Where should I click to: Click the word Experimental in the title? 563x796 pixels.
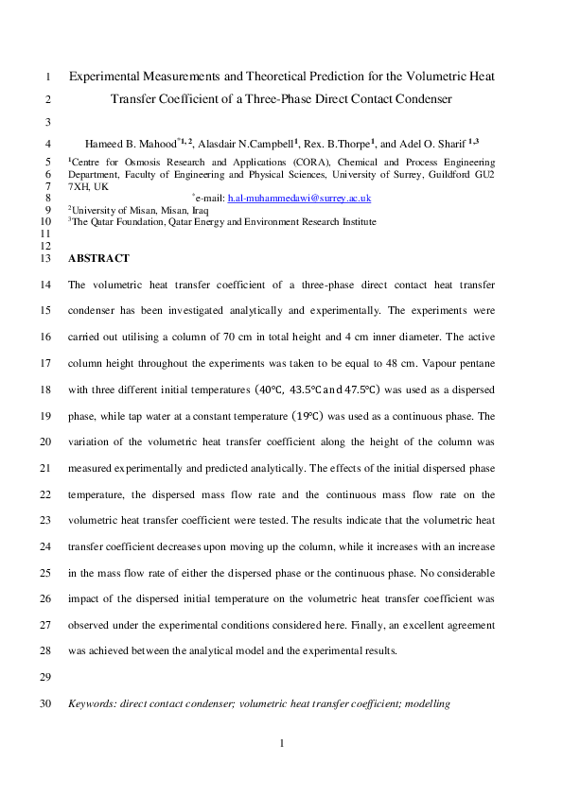[107, 76]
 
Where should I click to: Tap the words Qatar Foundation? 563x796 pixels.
[127, 221]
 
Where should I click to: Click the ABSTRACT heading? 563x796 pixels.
[98, 258]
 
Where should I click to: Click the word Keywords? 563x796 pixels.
[94, 704]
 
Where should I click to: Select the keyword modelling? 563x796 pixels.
[426, 704]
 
